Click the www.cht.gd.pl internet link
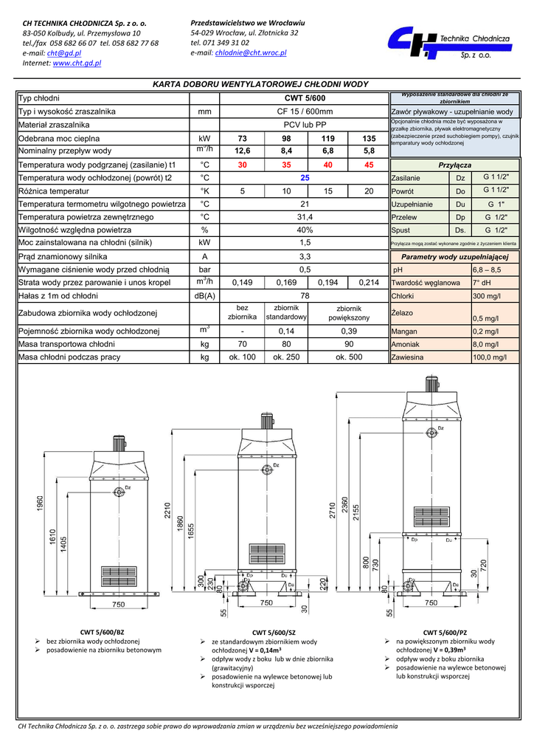point(77,63)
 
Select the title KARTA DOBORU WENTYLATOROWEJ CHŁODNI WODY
point(260,85)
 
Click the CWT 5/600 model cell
point(305,98)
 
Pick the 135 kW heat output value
point(368,139)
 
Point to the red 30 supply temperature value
point(242,165)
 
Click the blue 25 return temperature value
point(305,178)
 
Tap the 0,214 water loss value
point(368,283)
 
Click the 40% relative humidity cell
point(305,230)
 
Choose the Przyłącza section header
point(454,165)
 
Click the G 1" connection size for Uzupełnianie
point(496,204)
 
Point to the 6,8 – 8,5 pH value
point(489,270)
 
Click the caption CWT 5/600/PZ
point(445,633)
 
